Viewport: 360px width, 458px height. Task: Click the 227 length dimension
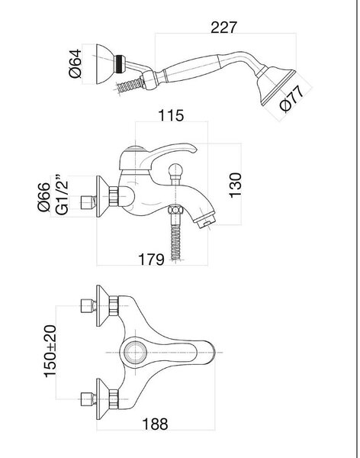click(223, 27)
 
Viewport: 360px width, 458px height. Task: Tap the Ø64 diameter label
click(75, 63)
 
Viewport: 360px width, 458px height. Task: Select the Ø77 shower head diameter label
click(291, 99)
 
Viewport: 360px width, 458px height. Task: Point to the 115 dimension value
click(171, 115)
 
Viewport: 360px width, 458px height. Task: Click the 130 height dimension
click(236, 185)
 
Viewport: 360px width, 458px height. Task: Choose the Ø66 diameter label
click(43, 197)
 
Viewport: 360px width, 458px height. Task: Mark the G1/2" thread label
click(61, 195)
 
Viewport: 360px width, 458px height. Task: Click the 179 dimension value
click(151, 259)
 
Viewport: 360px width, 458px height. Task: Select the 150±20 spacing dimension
click(50, 351)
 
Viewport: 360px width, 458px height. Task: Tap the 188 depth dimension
click(155, 424)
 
